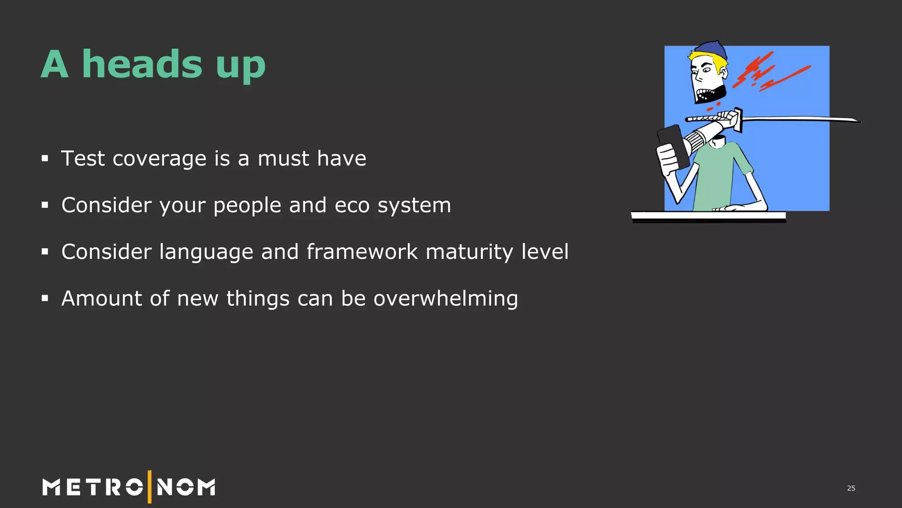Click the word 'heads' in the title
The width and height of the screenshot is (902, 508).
point(142,64)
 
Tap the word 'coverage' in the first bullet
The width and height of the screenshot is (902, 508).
point(159,159)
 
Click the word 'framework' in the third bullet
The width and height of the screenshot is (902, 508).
point(362,252)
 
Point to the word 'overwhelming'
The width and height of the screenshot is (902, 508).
point(446,299)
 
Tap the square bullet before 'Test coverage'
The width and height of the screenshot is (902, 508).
point(44,158)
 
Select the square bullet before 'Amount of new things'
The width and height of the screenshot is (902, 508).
point(44,299)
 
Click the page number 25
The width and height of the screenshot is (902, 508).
point(851,488)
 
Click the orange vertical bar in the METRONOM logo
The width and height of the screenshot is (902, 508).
point(150,487)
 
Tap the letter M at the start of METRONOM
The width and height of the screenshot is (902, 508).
point(51,487)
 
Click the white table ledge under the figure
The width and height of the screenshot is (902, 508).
point(708,216)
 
